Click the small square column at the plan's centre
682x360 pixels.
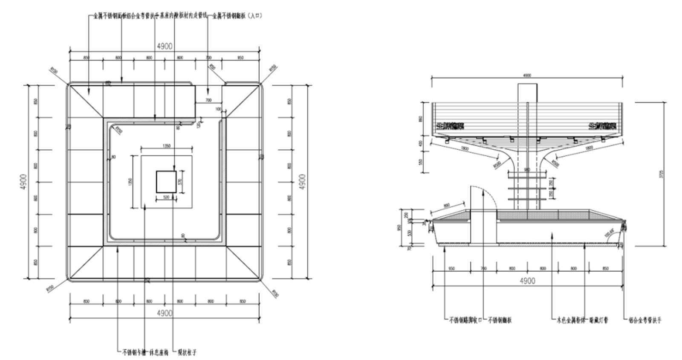pos(166,182)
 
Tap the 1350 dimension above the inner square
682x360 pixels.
pos(166,146)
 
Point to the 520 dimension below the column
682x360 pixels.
pos(166,197)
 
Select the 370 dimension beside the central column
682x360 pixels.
pos(180,182)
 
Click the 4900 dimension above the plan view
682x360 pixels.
pos(165,46)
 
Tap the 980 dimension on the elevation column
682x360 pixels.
pos(527,170)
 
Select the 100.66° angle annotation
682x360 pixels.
pos(609,233)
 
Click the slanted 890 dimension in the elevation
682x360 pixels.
pos(446,206)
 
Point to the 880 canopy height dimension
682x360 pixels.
pos(421,119)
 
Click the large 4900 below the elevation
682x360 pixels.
pos(527,281)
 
